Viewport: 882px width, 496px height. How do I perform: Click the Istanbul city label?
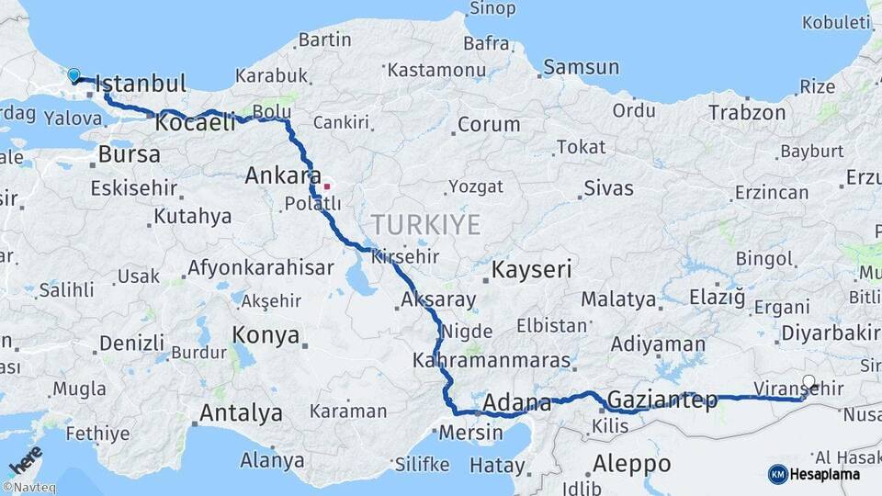coord(140,83)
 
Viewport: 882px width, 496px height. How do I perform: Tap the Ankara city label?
coord(283,175)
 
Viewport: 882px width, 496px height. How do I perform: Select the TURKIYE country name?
coord(425,224)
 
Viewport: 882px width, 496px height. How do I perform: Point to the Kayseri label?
coord(532,270)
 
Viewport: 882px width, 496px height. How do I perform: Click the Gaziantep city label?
coord(662,400)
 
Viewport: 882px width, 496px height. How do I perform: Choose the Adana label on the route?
coord(516,402)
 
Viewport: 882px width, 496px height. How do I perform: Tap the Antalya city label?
coord(241,413)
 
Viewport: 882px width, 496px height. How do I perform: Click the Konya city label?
coord(266,335)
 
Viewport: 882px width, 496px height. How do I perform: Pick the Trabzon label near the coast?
coord(747,113)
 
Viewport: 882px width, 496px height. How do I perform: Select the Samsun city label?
coord(581,67)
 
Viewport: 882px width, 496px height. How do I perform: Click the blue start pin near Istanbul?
coord(73,75)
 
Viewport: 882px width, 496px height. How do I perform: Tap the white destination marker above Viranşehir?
coord(808,381)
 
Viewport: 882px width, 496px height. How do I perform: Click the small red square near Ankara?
coord(326,186)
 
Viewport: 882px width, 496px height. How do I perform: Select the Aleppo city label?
coord(632,462)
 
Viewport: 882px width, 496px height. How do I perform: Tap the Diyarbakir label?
coord(830,333)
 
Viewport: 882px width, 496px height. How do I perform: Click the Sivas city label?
coord(608,188)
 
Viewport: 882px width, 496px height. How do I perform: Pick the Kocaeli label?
coord(196,121)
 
